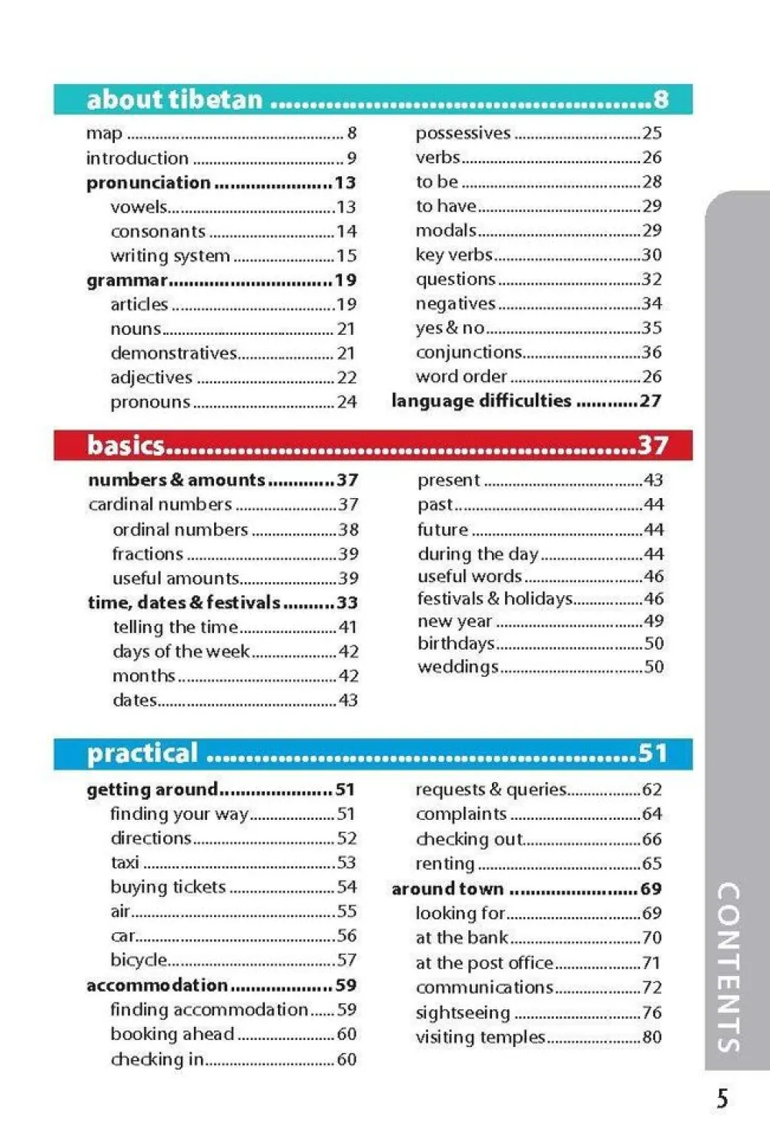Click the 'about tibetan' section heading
click(x=175, y=99)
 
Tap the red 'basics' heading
click(x=126, y=445)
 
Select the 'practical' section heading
click(x=142, y=753)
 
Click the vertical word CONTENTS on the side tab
click(x=728, y=967)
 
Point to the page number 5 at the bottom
click(x=722, y=1098)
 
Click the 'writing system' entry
click(x=170, y=256)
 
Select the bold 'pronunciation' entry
click(x=148, y=182)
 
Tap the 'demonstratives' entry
click(x=173, y=353)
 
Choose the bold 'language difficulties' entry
click(x=481, y=400)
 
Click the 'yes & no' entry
click(x=450, y=328)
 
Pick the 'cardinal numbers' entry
click(x=160, y=504)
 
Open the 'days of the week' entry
click(x=181, y=651)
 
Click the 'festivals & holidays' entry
click(x=495, y=598)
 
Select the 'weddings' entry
click(x=457, y=667)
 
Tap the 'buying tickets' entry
click(x=168, y=887)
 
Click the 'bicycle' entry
click(x=139, y=960)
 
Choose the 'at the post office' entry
click(x=484, y=962)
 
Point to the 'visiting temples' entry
click(x=480, y=1037)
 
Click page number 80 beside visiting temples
click(x=651, y=1037)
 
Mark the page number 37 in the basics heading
click(x=652, y=445)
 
